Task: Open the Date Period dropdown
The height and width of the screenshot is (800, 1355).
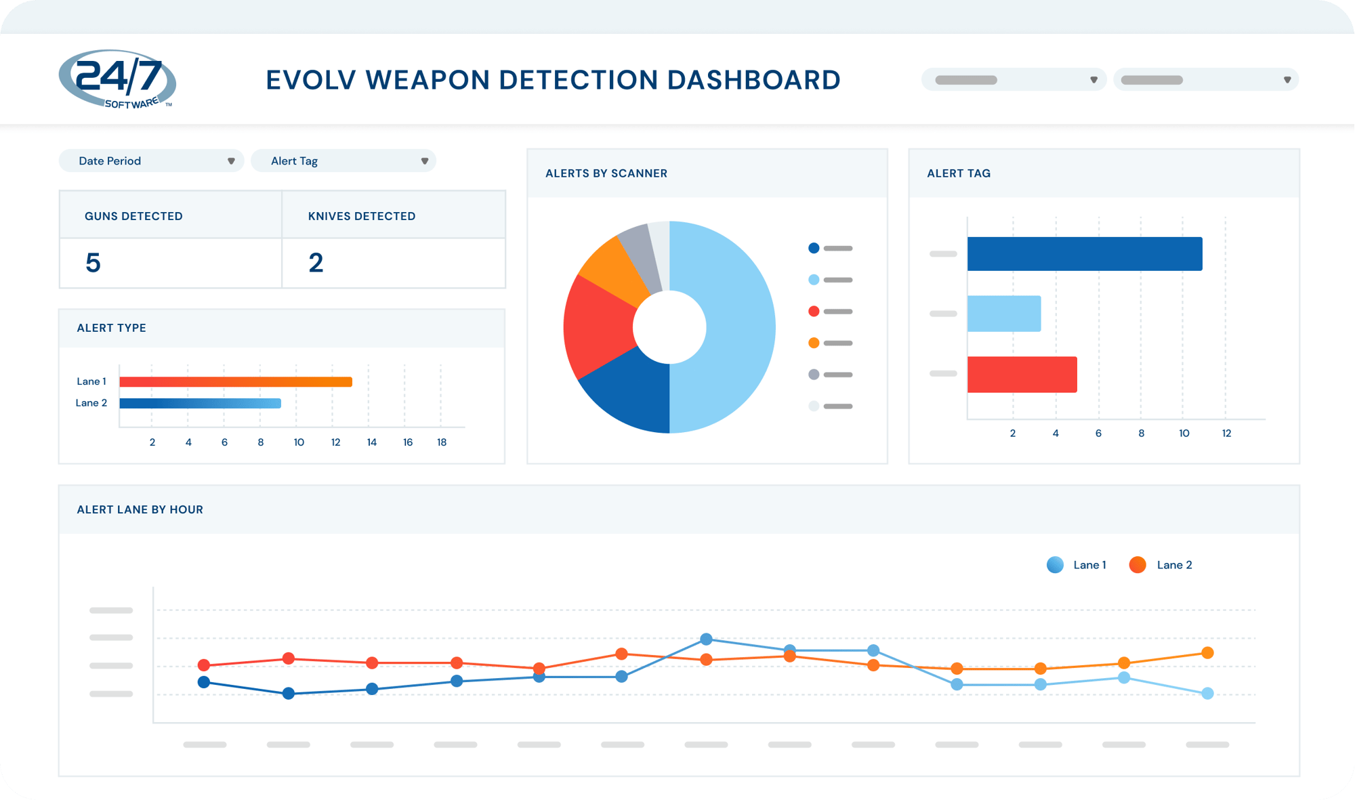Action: click(151, 161)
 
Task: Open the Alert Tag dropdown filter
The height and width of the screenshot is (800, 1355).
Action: click(343, 161)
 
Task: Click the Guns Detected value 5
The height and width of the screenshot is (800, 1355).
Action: click(93, 263)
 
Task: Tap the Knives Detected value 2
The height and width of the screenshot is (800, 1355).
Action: click(316, 263)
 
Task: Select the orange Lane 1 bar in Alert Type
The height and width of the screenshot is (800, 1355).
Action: click(235, 382)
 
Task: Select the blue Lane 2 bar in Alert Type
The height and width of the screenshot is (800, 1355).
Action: click(200, 404)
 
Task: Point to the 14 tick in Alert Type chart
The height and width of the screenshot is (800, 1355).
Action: click(371, 442)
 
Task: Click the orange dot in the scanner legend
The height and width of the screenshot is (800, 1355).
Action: click(814, 343)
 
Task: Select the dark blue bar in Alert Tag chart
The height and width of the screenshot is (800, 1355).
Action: click(1084, 254)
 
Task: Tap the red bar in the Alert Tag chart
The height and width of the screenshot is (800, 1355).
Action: click(1022, 375)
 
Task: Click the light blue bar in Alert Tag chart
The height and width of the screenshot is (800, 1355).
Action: click(1003, 314)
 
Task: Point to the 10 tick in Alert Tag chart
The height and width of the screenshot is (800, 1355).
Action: click(1184, 434)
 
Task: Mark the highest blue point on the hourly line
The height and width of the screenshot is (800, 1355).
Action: click(706, 639)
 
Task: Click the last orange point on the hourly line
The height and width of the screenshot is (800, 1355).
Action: click(1207, 653)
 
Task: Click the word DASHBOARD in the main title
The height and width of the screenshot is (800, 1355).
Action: click(753, 80)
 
